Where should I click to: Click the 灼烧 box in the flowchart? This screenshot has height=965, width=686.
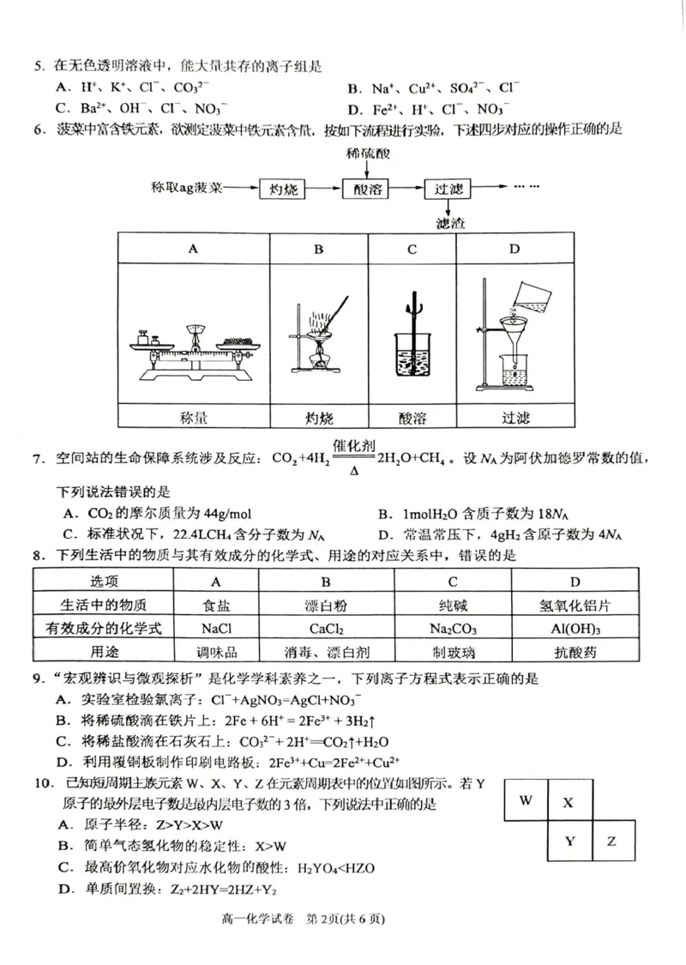(x=283, y=190)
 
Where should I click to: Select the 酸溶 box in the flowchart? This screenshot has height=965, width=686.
(x=365, y=190)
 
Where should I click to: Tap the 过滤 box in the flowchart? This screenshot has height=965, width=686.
(x=448, y=190)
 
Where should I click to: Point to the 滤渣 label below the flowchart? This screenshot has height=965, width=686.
(x=449, y=225)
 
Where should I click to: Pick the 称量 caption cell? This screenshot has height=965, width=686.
(x=194, y=418)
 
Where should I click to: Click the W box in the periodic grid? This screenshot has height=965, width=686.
(x=527, y=800)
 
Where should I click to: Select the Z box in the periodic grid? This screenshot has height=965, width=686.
(x=611, y=841)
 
